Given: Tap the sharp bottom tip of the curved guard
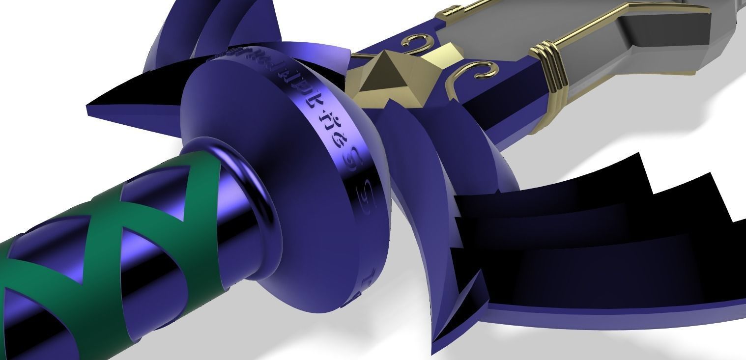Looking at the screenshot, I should coord(435,344).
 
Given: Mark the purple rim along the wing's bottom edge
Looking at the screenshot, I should coord(614,314).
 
